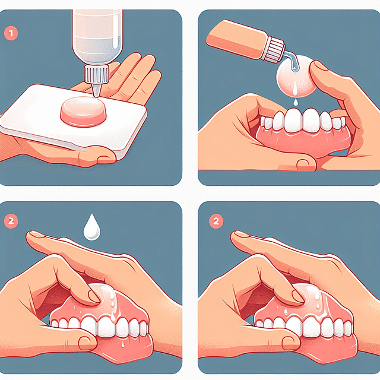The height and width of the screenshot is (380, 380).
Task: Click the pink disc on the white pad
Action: (x=83, y=109)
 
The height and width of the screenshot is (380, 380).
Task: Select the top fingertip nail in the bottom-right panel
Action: (x=239, y=236)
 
